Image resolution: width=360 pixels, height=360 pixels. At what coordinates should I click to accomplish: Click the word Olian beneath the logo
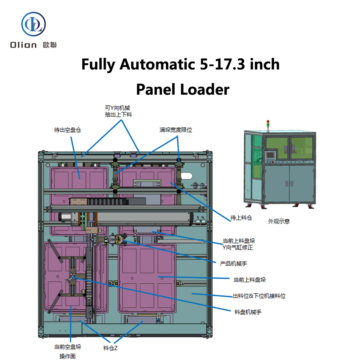coord(23,45)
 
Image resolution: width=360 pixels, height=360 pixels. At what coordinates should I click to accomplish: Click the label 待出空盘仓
coord(67,130)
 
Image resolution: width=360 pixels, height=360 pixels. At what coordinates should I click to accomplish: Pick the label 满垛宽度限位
coord(176,130)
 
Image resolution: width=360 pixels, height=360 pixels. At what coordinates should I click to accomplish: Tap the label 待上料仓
coord(241,218)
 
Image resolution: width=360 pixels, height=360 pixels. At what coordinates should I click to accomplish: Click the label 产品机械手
coord(234,263)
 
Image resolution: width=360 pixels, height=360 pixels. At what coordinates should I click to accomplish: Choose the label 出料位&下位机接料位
coord(259,296)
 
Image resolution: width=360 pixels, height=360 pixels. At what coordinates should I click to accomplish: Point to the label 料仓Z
coord(110,348)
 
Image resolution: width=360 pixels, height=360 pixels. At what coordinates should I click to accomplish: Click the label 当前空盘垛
coord(68,347)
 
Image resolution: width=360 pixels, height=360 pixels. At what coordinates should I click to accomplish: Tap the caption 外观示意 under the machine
coord(279,221)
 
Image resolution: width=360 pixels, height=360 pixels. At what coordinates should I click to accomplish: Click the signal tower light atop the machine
coord(267,123)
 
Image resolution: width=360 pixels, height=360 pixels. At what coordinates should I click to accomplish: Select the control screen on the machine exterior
coord(270,155)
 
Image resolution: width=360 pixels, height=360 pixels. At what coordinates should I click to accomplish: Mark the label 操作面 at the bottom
coord(68,356)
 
